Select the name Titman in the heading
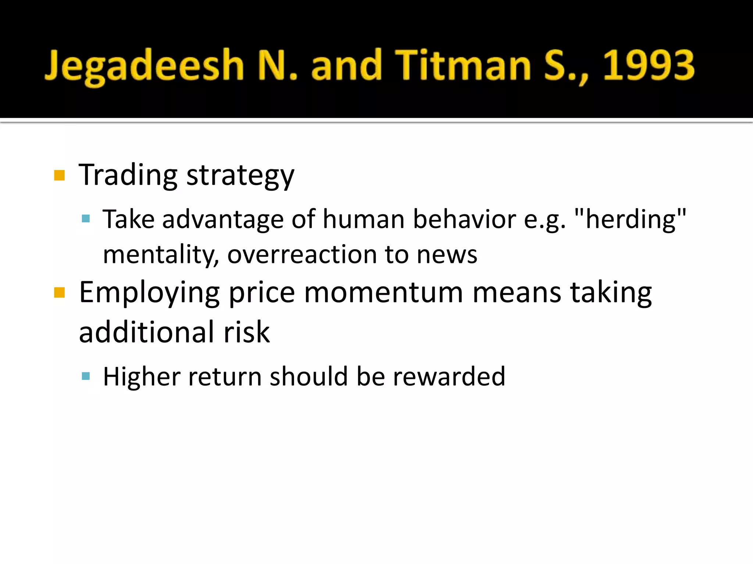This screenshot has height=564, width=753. pyautogui.click(x=463, y=65)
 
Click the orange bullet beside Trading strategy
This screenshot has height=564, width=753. pyautogui.click(x=59, y=176)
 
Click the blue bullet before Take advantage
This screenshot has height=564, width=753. pyautogui.click(x=86, y=219)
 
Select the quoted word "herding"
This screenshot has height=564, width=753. pyautogui.click(x=630, y=219)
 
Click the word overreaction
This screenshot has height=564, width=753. pyautogui.click(x=302, y=254)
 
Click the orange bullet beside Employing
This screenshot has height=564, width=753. pyautogui.click(x=59, y=293)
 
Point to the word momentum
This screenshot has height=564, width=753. pyautogui.click(x=383, y=293)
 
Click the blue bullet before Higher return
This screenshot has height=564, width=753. pyautogui.click(x=86, y=376)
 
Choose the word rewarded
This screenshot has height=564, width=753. pyautogui.click(x=449, y=377)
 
